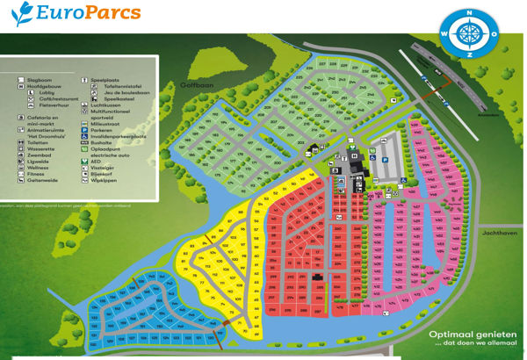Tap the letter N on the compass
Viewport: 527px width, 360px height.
[469, 13]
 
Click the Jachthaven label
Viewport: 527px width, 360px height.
[496, 234]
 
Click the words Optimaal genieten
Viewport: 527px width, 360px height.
[465, 335]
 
